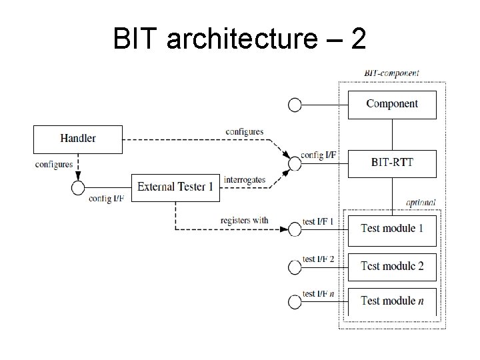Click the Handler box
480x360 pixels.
click(78, 139)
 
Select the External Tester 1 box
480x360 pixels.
click(175, 187)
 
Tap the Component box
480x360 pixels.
click(392, 104)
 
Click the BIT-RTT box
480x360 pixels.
click(392, 163)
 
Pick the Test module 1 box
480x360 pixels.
click(392, 229)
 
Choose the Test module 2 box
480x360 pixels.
click(392, 266)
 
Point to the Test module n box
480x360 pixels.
click(392, 301)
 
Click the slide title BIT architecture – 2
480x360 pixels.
click(239, 40)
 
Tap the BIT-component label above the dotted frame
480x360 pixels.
click(391, 73)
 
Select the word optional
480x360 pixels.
click(421, 203)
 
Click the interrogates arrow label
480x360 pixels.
click(245, 180)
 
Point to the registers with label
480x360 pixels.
click(244, 221)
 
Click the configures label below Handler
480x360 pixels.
click(53, 165)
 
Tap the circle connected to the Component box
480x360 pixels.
click(295, 105)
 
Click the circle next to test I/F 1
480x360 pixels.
click(295, 229)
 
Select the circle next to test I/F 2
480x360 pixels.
click(295, 267)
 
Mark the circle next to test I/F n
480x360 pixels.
click(295, 302)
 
